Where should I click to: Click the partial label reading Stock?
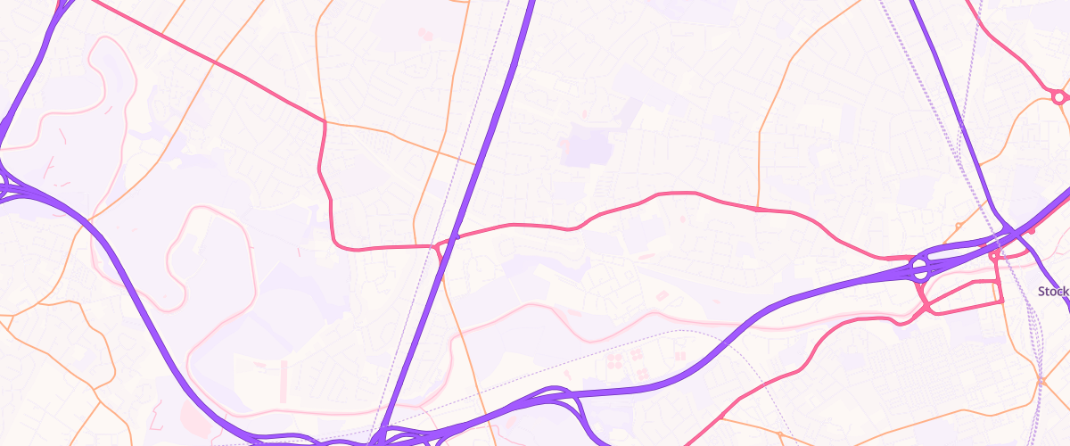click(1053, 292)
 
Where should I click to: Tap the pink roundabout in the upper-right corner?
click(1058, 96)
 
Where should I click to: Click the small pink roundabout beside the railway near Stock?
click(994, 257)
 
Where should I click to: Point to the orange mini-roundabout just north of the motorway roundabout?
click(958, 226)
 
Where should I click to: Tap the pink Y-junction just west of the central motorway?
click(435, 246)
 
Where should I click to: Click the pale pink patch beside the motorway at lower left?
click(192, 412)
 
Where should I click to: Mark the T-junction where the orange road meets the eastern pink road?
click(757, 209)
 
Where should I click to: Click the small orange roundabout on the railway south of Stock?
click(1041, 382)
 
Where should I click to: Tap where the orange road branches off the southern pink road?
click(720, 417)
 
